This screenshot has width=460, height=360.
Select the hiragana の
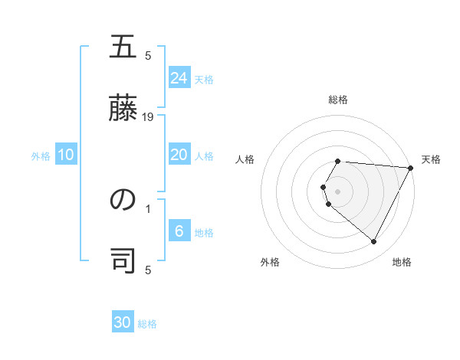(123, 200)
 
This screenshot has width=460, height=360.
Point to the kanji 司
(123, 260)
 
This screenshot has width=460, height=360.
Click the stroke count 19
(149, 117)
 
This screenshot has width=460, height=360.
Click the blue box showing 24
(179, 78)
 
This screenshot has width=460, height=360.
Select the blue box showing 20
(179, 155)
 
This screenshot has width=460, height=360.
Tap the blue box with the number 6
(179, 231)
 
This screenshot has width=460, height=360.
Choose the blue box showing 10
(66, 155)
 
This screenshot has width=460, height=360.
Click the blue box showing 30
(123, 322)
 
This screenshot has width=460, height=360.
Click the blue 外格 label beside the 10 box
(41, 156)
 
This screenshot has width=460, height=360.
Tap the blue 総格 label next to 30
(147, 324)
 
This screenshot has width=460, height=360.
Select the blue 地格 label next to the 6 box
(204, 232)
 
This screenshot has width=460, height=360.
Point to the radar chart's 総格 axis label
(338, 100)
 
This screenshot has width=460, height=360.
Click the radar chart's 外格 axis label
(270, 263)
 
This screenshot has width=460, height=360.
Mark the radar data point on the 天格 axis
(411, 168)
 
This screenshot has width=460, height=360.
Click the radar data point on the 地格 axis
(374, 242)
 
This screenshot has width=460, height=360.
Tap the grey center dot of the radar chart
(338, 191)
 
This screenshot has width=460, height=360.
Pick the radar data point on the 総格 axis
(338, 162)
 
